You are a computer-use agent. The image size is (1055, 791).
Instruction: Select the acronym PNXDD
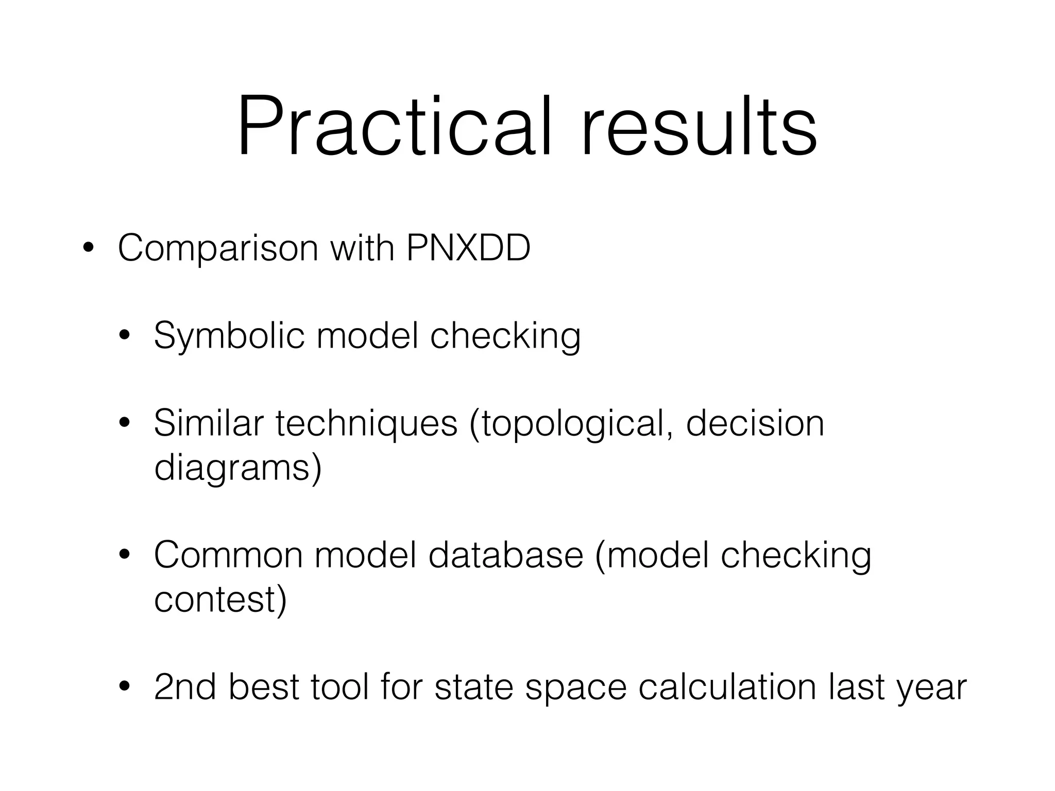pos(468,248)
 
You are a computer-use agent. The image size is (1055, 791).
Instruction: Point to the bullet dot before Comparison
pos(88,248)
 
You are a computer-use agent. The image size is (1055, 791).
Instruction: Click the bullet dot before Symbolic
pos(124,336)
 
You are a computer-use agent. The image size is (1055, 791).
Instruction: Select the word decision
pos(755,423)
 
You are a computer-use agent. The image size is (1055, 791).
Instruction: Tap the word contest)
pos(220,600)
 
